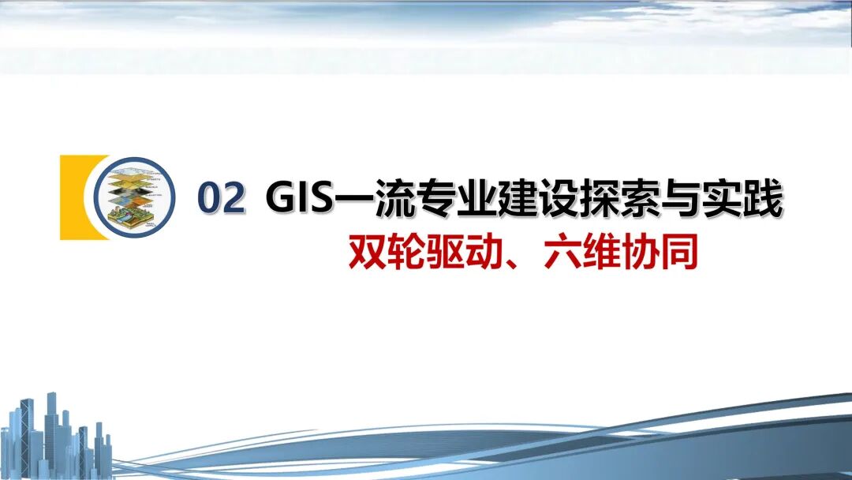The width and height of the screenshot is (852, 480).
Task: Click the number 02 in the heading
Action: (221, 199)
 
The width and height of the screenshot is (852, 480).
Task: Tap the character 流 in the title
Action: (377, 199)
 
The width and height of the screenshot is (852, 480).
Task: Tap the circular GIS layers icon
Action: (133, 197)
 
